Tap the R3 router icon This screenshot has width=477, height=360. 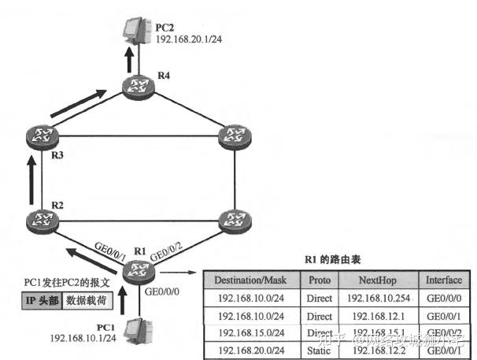pyautogui.click(x=37, y=135)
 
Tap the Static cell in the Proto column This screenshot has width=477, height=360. pyautogui.click(x=319, y=349)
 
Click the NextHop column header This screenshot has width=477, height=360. pyautogui.click(x=380, y=280)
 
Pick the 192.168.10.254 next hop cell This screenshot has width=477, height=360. pyautogui.click(x=380, y=298)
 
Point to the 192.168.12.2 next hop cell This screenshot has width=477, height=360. pyautogui.click(x=380, y=349)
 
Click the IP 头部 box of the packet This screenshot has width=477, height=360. pyautogui.click(x=38, y=300)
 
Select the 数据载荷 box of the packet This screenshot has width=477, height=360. pyautogui.click(x=85, y=300)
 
